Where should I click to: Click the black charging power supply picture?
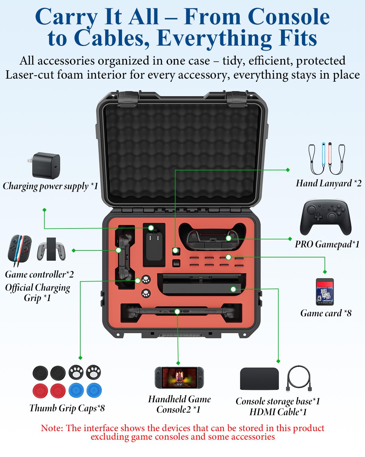[x=46, y=166]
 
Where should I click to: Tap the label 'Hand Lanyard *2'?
[x=328, y=183]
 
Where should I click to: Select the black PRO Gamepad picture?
[x=325, y=217]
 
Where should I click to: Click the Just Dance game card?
[x=325, y=292]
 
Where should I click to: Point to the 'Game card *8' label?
[x=326, y=313]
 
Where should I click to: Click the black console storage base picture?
[x=259, y=379]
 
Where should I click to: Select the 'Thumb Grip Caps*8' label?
[x=67, y=408]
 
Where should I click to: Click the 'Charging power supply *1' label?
[x=50, y=186]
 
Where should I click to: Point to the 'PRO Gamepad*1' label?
[x=327, y=244]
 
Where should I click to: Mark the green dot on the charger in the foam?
[x=151, y=228]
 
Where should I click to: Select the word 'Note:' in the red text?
[x=52, y=428]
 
